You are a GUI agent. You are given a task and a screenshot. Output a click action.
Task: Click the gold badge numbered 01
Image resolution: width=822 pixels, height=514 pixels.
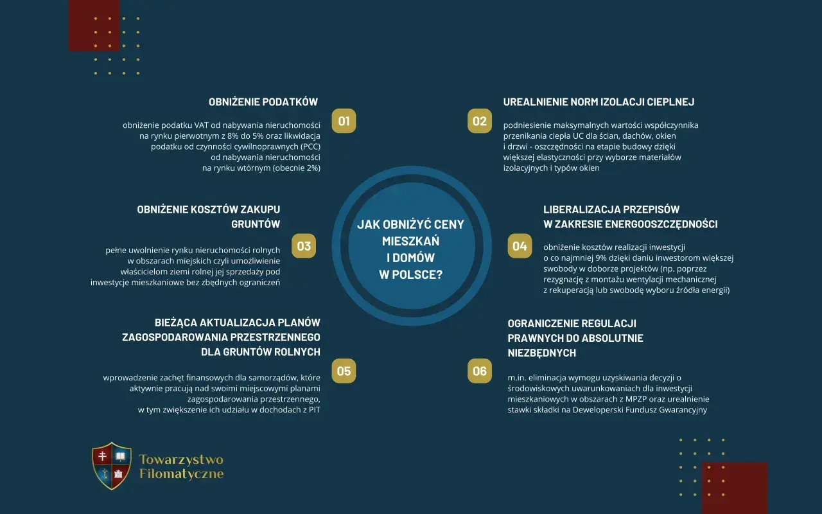[x=344, y=121]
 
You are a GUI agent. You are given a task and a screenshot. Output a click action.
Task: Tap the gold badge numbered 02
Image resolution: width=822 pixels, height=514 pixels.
[x=480, y=121]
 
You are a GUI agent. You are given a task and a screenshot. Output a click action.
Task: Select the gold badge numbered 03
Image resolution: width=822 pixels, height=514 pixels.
[x=304, y=246]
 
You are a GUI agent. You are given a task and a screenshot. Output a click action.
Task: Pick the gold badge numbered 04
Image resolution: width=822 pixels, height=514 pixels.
[x=520, y=246]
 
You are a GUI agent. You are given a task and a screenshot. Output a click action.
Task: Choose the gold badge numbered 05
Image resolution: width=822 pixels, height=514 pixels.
[x=344, y=371]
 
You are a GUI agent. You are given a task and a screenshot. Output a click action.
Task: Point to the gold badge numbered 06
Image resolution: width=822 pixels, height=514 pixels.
[x=480, y=371]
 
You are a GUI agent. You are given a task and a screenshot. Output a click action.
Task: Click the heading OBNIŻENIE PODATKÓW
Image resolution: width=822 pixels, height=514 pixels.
[x=263, y=102]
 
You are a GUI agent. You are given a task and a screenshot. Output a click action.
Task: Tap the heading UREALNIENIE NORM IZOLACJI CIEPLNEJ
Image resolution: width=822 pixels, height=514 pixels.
[x=599, y=102]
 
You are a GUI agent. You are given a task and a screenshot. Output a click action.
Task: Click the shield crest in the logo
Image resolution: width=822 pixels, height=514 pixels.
[x=112, y=466]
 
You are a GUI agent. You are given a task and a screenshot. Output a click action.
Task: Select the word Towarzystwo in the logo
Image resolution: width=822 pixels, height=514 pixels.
[x=181, y=459]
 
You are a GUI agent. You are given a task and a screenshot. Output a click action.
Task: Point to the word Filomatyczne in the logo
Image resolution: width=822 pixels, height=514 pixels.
[x=181, y=474]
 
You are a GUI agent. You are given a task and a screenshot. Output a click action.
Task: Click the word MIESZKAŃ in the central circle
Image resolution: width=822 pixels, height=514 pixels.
[x=410, y=241]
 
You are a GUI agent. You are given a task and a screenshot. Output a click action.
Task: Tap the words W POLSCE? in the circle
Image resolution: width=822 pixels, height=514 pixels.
[x=410, y=274]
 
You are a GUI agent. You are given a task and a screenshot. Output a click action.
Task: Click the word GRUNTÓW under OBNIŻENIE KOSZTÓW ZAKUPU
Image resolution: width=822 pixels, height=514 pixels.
[x=256, y=224]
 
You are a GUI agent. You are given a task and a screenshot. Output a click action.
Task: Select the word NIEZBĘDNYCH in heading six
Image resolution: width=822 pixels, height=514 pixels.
[x=541, y=353]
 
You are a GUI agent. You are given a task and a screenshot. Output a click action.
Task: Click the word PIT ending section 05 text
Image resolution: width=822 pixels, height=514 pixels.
[x=315, y=410]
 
